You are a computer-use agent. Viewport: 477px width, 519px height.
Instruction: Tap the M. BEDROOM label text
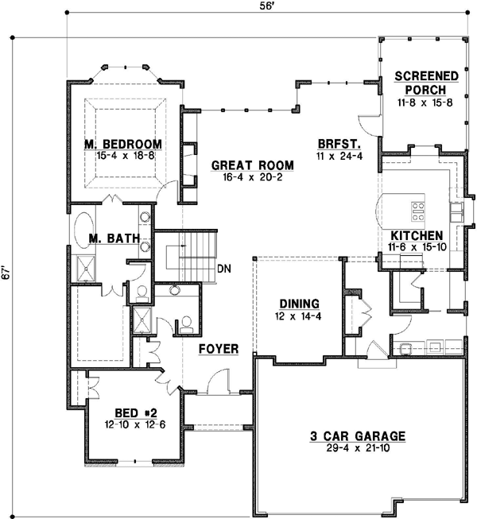123,144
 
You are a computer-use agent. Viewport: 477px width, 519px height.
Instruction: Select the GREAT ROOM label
253,165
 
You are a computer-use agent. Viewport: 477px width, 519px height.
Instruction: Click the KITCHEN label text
416,236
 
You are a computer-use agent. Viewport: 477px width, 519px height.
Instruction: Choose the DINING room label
299,304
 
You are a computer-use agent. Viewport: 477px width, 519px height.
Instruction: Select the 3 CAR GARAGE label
357,436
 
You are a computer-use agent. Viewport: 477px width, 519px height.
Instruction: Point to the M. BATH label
114,238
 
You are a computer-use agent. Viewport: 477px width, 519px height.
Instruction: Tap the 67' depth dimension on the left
6,273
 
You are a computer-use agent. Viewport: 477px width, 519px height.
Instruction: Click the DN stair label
224,268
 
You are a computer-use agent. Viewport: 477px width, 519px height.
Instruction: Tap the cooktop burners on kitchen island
418,211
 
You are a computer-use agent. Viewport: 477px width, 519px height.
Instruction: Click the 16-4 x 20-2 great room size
253,180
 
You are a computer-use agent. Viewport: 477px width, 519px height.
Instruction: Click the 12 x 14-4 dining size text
299,317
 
